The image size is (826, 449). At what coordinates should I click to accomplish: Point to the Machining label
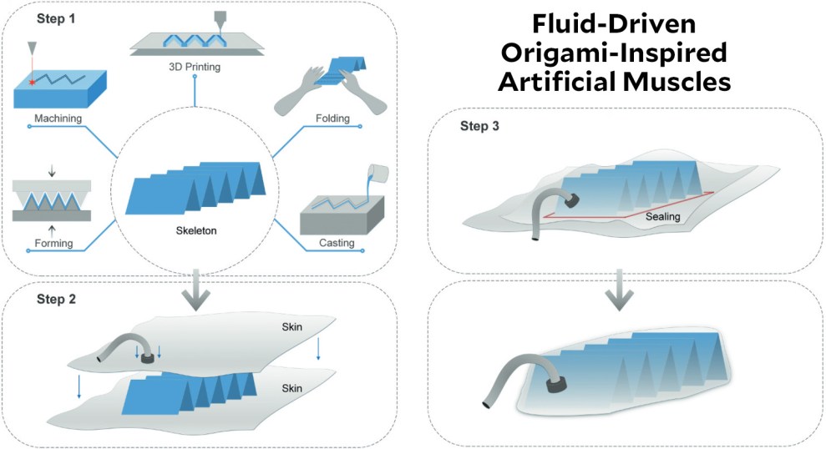[58, 119]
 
